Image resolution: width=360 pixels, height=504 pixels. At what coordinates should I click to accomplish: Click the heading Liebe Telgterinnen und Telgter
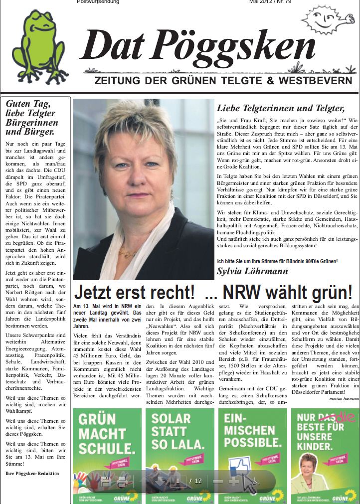pyautogui.click(x=281, y=108)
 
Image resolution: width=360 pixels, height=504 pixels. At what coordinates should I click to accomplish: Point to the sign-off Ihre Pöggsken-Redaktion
pyautogui.click(x=32, y=473)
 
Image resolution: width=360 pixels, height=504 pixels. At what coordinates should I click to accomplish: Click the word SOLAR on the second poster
pyautogui.click(x=171, y=418)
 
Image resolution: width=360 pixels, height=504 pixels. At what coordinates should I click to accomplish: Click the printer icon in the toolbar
pyautogui.click(x=122, y=482)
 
